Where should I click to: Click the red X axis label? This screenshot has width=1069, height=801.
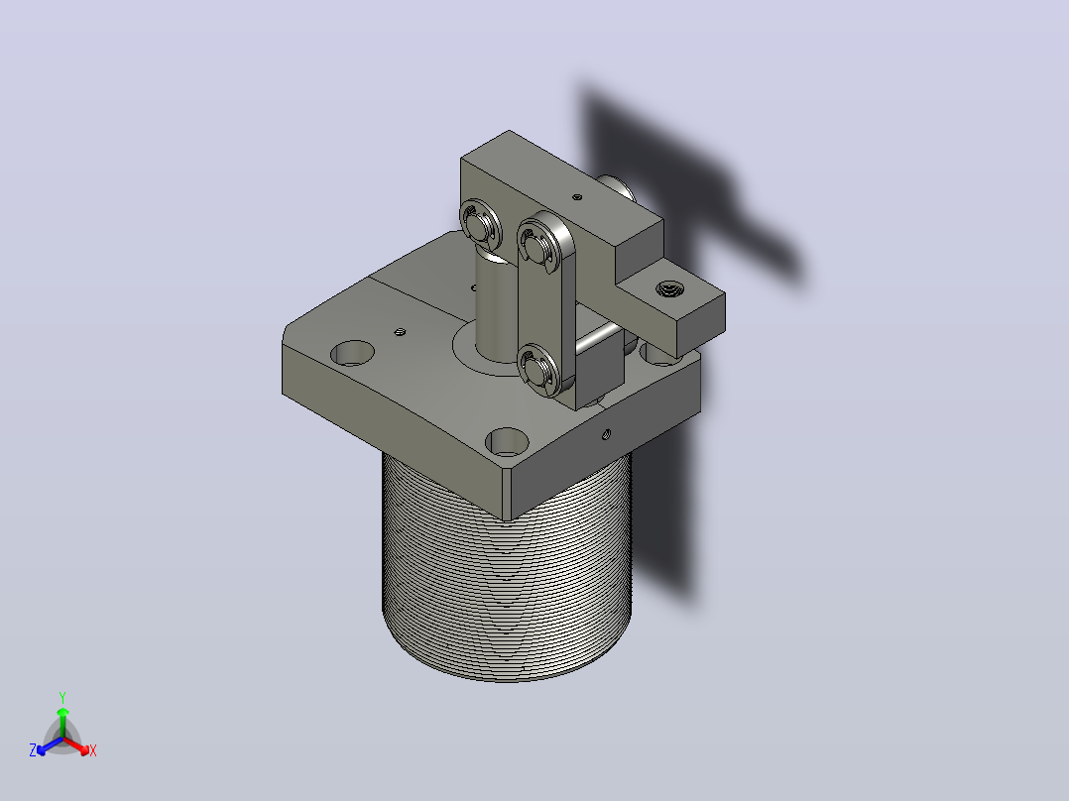click(x=93, y=751)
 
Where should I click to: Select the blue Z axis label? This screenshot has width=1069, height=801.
click(x=33, y=750)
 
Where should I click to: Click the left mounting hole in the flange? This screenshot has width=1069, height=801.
click(x=352, y=353)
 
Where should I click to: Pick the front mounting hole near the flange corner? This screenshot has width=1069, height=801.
click(x=507, y=441)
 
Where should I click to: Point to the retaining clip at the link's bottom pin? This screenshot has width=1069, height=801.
click(x=537, y=369)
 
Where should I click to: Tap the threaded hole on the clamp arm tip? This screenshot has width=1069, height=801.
click(x=669, y=289)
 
